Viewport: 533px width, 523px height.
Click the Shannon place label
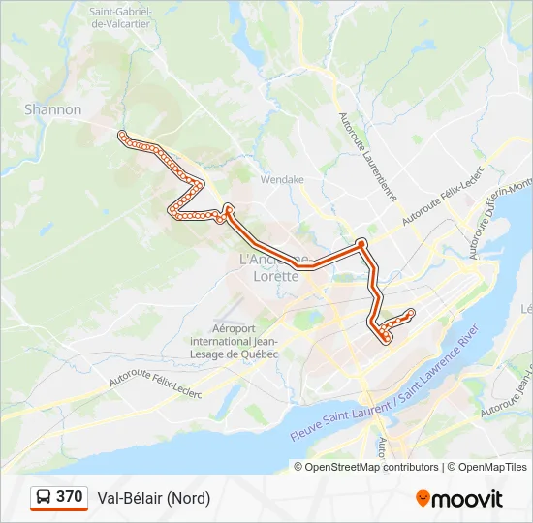53,109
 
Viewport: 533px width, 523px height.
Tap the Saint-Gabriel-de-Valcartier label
125,17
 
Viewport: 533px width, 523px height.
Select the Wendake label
282,179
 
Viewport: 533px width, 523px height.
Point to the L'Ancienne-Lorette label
274,266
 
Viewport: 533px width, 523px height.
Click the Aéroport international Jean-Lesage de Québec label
234,341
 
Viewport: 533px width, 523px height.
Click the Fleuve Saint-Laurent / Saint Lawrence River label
386,390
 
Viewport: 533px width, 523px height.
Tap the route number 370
70,497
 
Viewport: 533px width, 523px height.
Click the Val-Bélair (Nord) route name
153,498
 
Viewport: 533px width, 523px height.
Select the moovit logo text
467,498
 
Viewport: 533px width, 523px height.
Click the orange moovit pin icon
423,498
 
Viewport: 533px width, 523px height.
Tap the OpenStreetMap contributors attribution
371,467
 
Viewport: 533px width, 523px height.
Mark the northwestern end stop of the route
121,135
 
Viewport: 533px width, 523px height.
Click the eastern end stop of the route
412,312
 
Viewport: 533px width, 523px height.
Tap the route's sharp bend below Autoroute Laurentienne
361,243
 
